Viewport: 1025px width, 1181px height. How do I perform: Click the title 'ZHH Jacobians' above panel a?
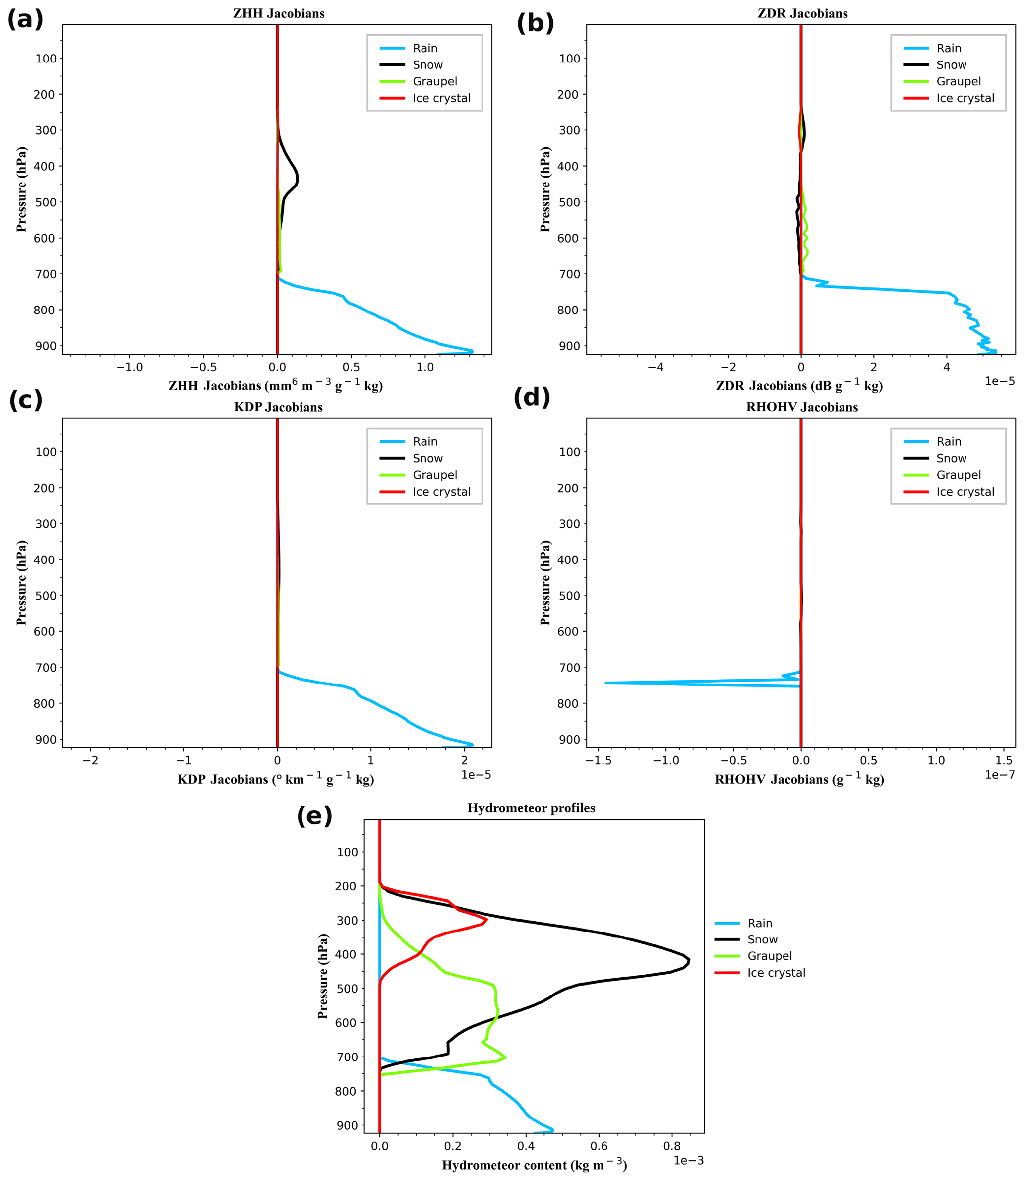point(279,13)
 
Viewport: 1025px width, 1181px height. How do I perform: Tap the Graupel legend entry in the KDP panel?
point(435,475)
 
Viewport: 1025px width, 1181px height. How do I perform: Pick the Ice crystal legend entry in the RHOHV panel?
point(965,492)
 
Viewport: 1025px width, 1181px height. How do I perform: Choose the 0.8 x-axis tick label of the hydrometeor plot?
point(672,1146)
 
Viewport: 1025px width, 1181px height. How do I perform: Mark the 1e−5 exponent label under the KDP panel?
point(476,775)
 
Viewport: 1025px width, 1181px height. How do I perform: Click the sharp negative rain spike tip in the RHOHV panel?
point(606,683)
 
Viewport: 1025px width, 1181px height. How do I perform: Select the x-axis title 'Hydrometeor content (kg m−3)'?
point(534,1165)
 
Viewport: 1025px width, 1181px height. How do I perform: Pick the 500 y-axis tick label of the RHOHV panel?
point(569,596)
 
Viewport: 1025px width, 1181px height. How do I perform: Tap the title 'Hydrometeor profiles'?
point(531,808)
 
